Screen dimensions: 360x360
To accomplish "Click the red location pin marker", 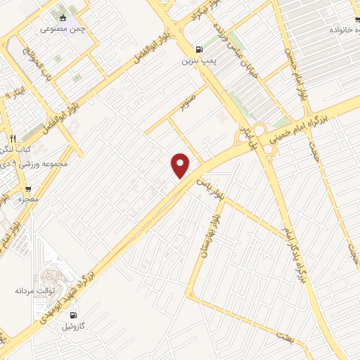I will tap(181, 165).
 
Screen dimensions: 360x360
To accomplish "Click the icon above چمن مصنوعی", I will tap(63, 16).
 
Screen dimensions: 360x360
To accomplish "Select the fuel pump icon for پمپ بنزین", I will tap(198, 49).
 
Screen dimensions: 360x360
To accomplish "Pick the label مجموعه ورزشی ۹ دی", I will tap(35, 164).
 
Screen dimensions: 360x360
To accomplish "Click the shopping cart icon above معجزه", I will tap(27, 188).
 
